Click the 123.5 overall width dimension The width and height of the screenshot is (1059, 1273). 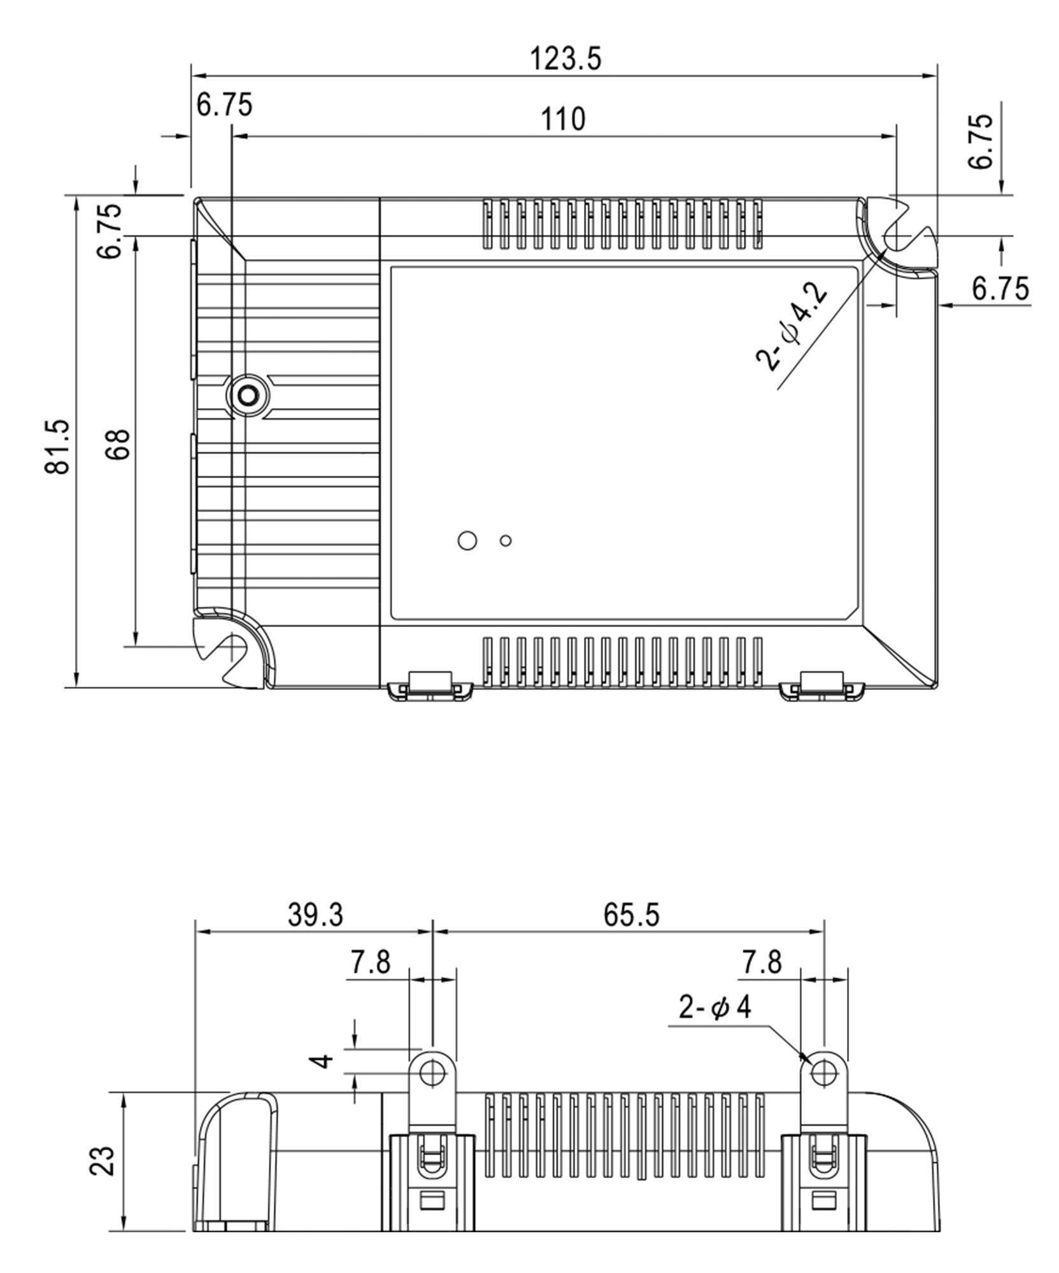click(x=565, y=59)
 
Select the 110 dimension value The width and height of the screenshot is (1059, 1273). click(x=563, y=119)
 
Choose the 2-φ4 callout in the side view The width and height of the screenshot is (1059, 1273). click(x=714, y=1008)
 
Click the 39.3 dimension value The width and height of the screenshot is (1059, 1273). click(x=315, y=915)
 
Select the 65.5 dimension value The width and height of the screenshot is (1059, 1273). click(x=632, y=915)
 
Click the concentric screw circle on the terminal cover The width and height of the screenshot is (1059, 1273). click(x=247, y=396)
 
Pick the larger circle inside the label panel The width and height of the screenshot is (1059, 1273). click(x=467, y=540)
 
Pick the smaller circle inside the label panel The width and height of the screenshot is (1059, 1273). click(x=506, y=540)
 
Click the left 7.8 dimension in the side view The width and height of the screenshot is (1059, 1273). click(x=370, y=962)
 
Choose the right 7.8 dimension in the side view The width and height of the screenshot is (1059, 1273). click(x=761, y=962)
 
